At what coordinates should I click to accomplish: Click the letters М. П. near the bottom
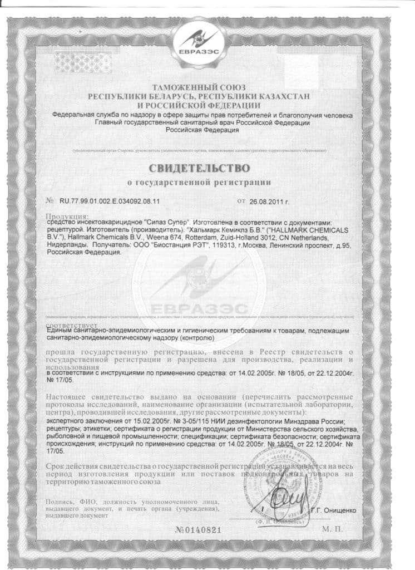(x=330, y=529)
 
